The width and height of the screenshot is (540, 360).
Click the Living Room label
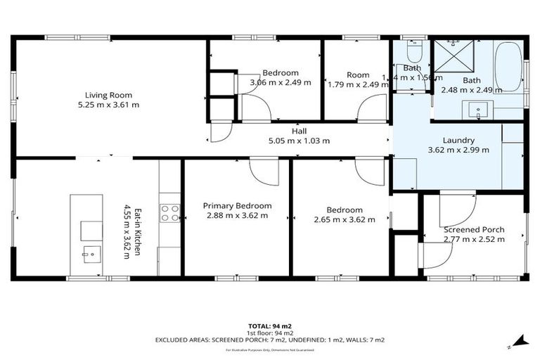pyautogui.click(x=108, y=95)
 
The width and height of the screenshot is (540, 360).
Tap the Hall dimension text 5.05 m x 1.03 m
pyautogui.click(x=300, y=141)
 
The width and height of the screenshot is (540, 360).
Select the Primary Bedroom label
pyautogui.click(x=237, y=205)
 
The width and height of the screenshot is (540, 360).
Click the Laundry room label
pyautogui.click(x=458, y=140)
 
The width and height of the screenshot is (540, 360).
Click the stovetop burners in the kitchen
pyautogui.click(x=170, y=213)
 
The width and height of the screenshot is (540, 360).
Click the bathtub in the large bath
pyautogui.click(x=508, y=67)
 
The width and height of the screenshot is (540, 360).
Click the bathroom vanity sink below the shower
pyautogui.click(x=482, y=110)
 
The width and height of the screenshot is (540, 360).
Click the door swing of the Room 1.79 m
pyautogui.click(x=370, y=110)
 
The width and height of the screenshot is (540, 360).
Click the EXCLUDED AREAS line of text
pyautogui.click(x=270, y=340)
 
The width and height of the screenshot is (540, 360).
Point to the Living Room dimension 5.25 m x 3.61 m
pyautogui.click(x=108, y=105)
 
